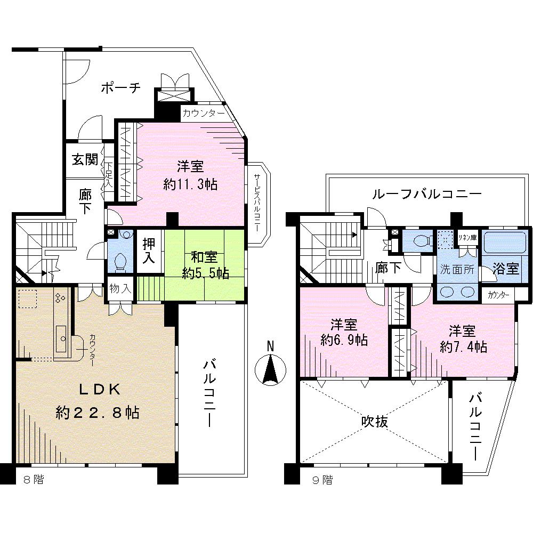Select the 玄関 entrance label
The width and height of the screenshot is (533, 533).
click(85, 159)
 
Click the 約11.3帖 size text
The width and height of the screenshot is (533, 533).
click(190, 184)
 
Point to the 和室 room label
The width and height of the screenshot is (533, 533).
click(204, 257)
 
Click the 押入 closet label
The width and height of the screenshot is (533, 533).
click(149, 251)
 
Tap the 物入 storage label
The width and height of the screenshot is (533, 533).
click(120, 288)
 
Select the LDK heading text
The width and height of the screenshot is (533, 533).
click(98, 390)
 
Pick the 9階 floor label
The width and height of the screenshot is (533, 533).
click(322, 480)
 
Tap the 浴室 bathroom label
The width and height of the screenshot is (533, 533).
click(505, 268)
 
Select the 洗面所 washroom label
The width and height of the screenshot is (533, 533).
click(457, 269)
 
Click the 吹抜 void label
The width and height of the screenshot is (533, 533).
click(375, 421)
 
